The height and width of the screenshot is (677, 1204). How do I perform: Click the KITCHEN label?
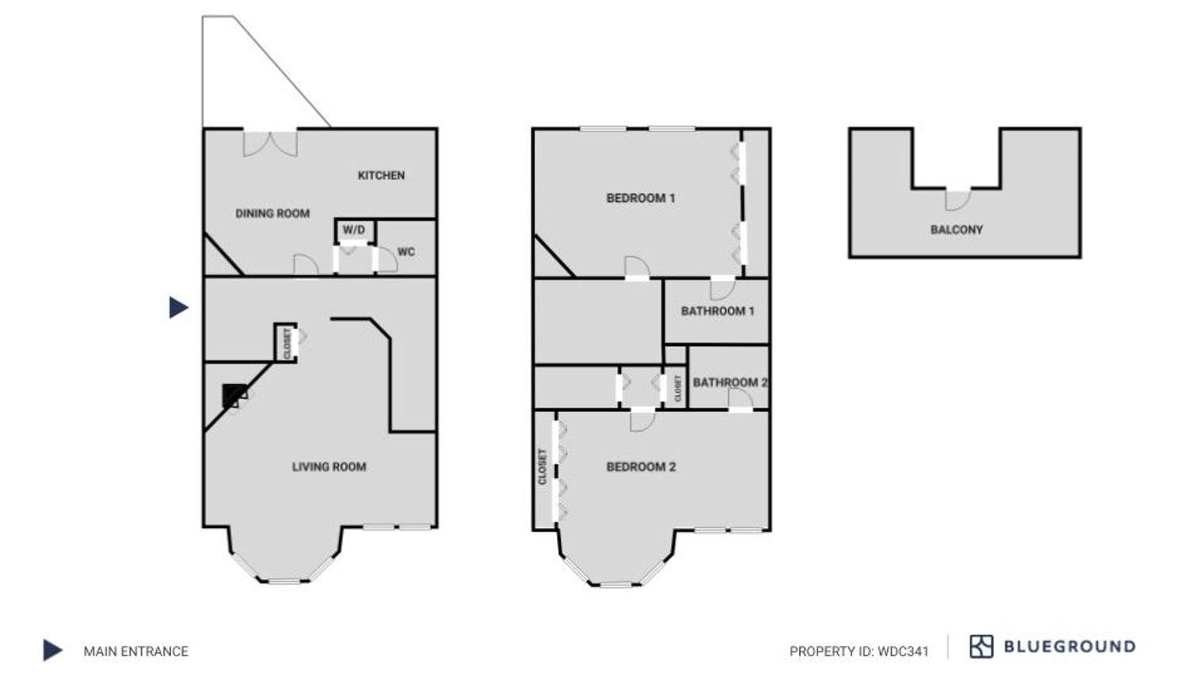[381, 175]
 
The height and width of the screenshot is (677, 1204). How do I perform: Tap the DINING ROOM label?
[272, 213]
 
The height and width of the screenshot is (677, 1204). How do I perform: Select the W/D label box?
[354, 230]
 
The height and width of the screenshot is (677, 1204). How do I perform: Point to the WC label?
[406, 252]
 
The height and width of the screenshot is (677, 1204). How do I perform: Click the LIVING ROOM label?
[329, 467]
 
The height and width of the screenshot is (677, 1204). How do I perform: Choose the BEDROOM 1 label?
[641, 198]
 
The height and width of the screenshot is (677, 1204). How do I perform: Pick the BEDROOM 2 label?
[641, 467]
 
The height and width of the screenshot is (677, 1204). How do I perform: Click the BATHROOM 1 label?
[718, 311]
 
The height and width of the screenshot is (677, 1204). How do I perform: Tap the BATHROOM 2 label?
[730, 382]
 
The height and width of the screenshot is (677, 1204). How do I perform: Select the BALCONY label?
[956, 230]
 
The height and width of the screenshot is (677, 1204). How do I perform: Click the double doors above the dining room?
[270, 143]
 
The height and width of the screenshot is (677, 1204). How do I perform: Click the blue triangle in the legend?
[52, 651]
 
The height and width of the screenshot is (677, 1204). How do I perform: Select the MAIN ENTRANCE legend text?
[136, 652]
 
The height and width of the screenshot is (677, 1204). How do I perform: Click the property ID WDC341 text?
[859, 652]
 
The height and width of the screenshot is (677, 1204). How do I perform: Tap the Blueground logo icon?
[981, 647]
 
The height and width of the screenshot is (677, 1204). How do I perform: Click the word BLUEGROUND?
[1069, 647]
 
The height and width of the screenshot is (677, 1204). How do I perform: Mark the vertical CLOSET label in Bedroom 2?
[543, 467]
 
